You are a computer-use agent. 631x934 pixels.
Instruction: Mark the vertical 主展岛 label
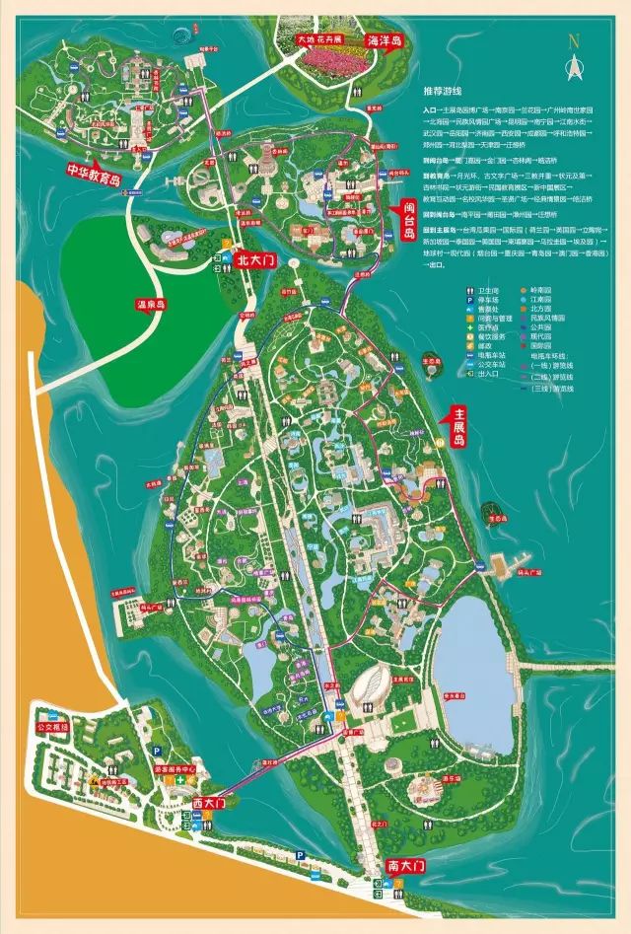coord(457,426)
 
